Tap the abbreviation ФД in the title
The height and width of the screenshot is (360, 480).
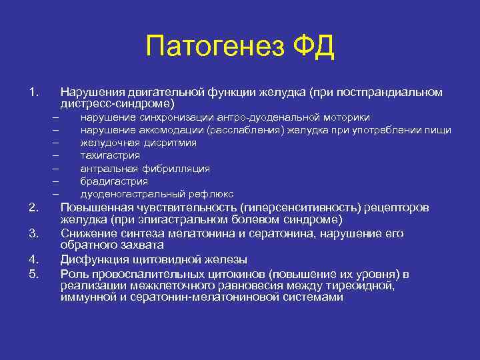pos(313,47)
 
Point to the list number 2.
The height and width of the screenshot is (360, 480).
pos(34,208)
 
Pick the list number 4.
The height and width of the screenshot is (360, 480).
pos(34,259)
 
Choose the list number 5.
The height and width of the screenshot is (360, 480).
pos(34,273)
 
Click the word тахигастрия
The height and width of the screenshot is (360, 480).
pos(110,155)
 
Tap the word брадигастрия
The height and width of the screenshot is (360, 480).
pos(114,181)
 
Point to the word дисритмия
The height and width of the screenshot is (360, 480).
pos(173,143)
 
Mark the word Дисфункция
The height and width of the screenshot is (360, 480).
pos(93,259)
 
